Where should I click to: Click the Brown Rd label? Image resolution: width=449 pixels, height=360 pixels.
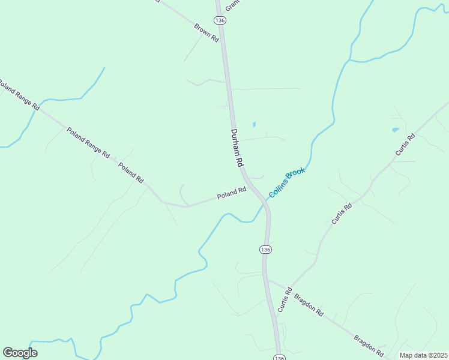click(206, 32)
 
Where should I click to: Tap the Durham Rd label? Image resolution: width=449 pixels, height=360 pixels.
click(237, 148)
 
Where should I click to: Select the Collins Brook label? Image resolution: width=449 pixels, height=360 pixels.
click(287, 182)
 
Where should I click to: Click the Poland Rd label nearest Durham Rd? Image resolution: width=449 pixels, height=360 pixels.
click(232, 193)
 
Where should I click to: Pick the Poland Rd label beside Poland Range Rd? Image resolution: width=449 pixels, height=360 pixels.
click(131, 173)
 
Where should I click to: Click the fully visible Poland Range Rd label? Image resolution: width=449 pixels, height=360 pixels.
click(88, 143)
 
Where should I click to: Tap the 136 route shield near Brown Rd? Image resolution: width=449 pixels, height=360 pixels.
click(220, 20)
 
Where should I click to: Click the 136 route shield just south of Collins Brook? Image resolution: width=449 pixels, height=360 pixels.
click(266, 249)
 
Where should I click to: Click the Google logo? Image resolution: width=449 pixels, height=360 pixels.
click(20, 353)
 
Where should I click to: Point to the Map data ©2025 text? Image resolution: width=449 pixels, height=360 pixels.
click(423, 355)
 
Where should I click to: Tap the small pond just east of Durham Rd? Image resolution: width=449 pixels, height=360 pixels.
click(254, 125)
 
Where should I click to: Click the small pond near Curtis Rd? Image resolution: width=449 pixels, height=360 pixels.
click(395, 130)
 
